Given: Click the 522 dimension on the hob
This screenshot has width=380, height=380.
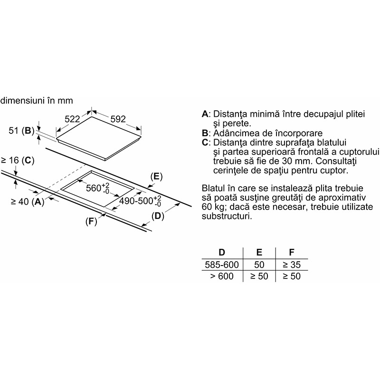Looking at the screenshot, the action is click(x=72, y=119).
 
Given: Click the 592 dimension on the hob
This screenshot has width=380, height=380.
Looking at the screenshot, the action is click(x=118, y=119).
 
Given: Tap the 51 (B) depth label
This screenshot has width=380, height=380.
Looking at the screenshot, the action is click(x=21, y=131).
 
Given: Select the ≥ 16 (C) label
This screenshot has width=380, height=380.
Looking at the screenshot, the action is click(x=18, y=161).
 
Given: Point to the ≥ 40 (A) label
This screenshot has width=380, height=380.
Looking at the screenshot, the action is click(x=28, y=201).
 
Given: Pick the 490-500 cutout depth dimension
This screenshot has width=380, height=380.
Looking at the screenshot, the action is click(x=140, y=200).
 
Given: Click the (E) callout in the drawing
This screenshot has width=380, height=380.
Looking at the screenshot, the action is click(x=156, y=176).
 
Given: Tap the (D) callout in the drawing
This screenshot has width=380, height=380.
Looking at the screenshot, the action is click(x=158, y=216).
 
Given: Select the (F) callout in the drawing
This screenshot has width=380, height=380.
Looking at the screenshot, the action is click(x=91, y=221).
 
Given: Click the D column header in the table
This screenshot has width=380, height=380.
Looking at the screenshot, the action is click(x=222, y=253).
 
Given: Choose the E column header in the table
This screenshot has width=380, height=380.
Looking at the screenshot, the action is click(x=259, y=253).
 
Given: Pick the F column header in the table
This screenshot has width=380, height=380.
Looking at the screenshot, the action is click(x=292, y=253).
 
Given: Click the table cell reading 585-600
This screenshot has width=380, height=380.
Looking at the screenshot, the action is click(x=222, y=265).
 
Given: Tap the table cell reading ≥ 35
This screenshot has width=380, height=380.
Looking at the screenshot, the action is click(x=292, y=265).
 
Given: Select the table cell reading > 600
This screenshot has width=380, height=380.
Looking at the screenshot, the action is click(x=222, y=276).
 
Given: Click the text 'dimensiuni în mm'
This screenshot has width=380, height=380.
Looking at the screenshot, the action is click(x=37, y=101).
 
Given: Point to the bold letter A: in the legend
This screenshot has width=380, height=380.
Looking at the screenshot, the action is click(x=206, y=114).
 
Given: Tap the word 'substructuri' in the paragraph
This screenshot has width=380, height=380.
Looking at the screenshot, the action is click(x=227, y=216).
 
